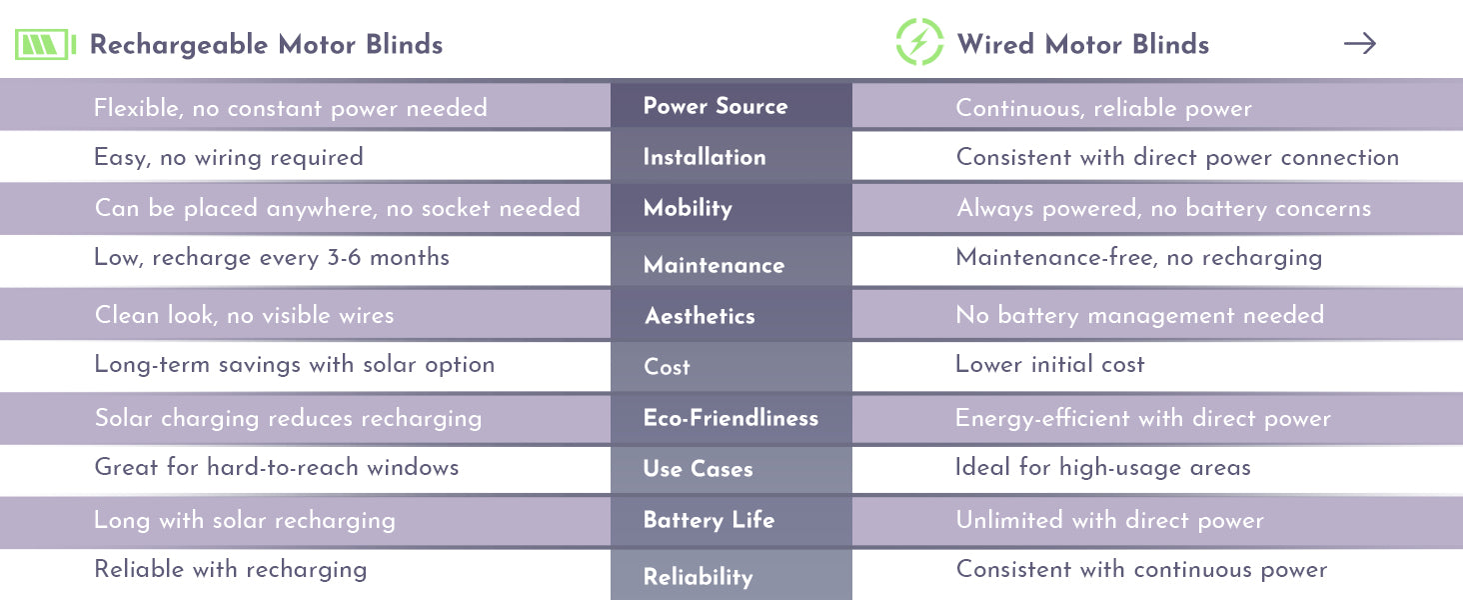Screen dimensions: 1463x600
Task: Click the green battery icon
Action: click(x=45, y=44)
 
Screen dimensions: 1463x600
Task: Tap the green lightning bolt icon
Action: click(x=919, y=42)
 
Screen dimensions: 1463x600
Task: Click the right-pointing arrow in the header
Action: click(x=1360, y=44)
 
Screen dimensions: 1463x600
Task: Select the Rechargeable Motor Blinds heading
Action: click(x=266, y=44)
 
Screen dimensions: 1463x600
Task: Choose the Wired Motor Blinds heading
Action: click(x=1083, y=44)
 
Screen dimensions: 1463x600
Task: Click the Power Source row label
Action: click(x=716, y=106)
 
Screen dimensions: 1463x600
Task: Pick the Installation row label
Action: click(x=705, y=157)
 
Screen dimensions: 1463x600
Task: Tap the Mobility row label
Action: click(x=688, y=208)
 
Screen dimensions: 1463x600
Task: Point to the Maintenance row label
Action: click(x=714, y=265)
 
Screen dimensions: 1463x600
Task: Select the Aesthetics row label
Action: click(x=700, y=316)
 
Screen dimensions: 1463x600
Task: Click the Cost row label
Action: click(x=667, y=367)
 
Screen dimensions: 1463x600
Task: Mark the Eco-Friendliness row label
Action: click(x=731, y=418)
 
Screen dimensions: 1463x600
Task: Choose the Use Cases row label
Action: click(x=698, y=469)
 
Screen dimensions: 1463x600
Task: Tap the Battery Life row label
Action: click(x=709, y=520)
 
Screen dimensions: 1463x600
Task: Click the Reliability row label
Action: click(x=698, y=576)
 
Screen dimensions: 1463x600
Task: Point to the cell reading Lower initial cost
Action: click(x=1049, y=364)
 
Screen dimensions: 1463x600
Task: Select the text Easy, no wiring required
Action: click(x=229, y=158)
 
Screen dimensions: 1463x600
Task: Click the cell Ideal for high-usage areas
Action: click(x=1102, y=467)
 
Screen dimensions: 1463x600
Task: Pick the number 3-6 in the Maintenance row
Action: click(x=344, y=257)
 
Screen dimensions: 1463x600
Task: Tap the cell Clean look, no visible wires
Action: click(x=244, y=315)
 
